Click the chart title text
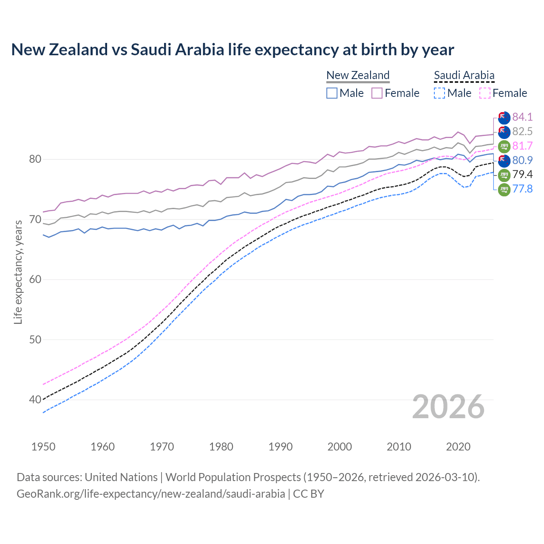tap(232, 50)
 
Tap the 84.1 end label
tap(522, 117)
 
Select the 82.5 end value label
tap(522, 131)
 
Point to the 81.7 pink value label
tap(522, 146)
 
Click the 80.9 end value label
tap(522, 160)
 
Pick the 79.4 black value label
tap(522, 174)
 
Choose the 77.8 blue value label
tap(522, 189)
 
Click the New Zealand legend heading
tap(358, 75)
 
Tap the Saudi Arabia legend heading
tap(464, 75)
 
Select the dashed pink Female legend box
tap(485, 93)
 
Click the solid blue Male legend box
tap(332, 93)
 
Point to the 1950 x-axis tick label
tap(43, 447)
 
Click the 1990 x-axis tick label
tap(280, 447)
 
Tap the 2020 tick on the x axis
tap(458, 447)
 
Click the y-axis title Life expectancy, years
tap(18, 272)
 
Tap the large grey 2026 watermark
tap(448, 407)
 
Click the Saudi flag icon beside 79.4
tap(504, 175)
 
